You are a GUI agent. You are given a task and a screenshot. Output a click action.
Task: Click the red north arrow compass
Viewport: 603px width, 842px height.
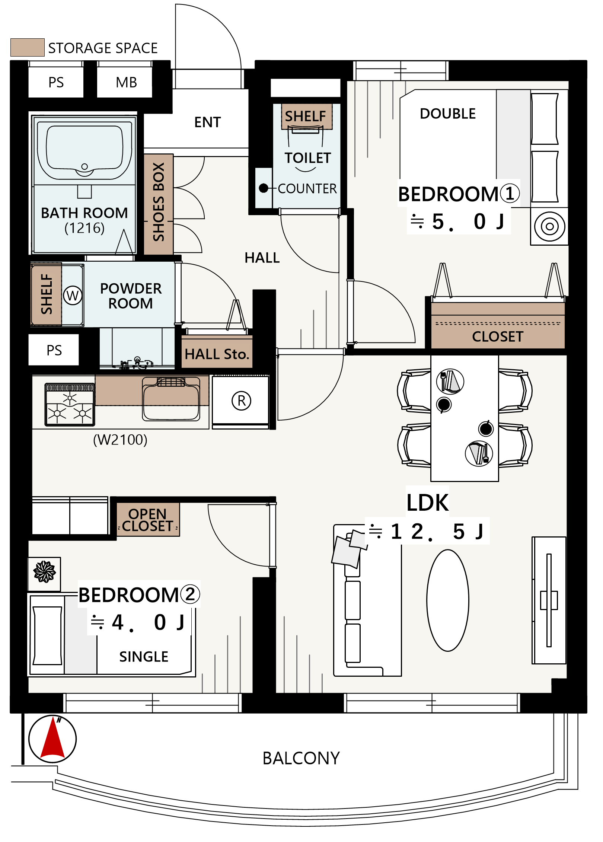(52, 739)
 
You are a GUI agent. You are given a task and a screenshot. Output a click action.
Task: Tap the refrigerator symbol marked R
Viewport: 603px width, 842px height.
(241, 401)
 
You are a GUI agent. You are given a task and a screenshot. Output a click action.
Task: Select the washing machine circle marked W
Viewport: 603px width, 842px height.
(73, 296)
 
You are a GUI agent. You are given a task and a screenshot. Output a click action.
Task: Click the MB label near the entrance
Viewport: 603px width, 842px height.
(126, 82)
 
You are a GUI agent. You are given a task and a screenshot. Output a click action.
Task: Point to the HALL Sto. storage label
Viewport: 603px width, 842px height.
(217, 354)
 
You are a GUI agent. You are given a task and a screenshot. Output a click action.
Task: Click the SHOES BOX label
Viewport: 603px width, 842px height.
(159, 202)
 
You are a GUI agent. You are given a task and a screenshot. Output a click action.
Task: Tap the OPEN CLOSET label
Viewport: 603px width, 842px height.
(147, 520)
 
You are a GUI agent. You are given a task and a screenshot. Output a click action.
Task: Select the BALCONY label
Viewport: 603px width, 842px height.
(301, 758)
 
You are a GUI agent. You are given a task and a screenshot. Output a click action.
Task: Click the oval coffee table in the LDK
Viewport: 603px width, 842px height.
(448, 600)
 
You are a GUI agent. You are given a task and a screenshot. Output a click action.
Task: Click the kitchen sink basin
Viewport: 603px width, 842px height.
(171, 399)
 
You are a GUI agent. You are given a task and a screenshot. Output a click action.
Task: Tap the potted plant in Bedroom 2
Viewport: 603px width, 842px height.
(45, 571)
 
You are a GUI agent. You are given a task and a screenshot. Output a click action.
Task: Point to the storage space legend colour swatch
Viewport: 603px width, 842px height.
(28, 47)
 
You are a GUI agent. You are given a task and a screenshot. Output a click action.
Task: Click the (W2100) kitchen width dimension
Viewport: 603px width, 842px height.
(120, 440)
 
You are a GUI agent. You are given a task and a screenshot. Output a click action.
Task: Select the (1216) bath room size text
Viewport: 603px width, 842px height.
(84, 228)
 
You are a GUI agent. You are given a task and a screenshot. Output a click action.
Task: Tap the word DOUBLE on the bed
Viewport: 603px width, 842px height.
(448, 114)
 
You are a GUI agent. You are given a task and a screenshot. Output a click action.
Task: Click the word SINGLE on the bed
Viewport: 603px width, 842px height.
(144, 656)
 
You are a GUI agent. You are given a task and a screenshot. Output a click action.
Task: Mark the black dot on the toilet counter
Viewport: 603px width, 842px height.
(264, 188)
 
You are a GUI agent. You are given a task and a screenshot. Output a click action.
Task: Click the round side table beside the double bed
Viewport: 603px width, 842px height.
(549, 226)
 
